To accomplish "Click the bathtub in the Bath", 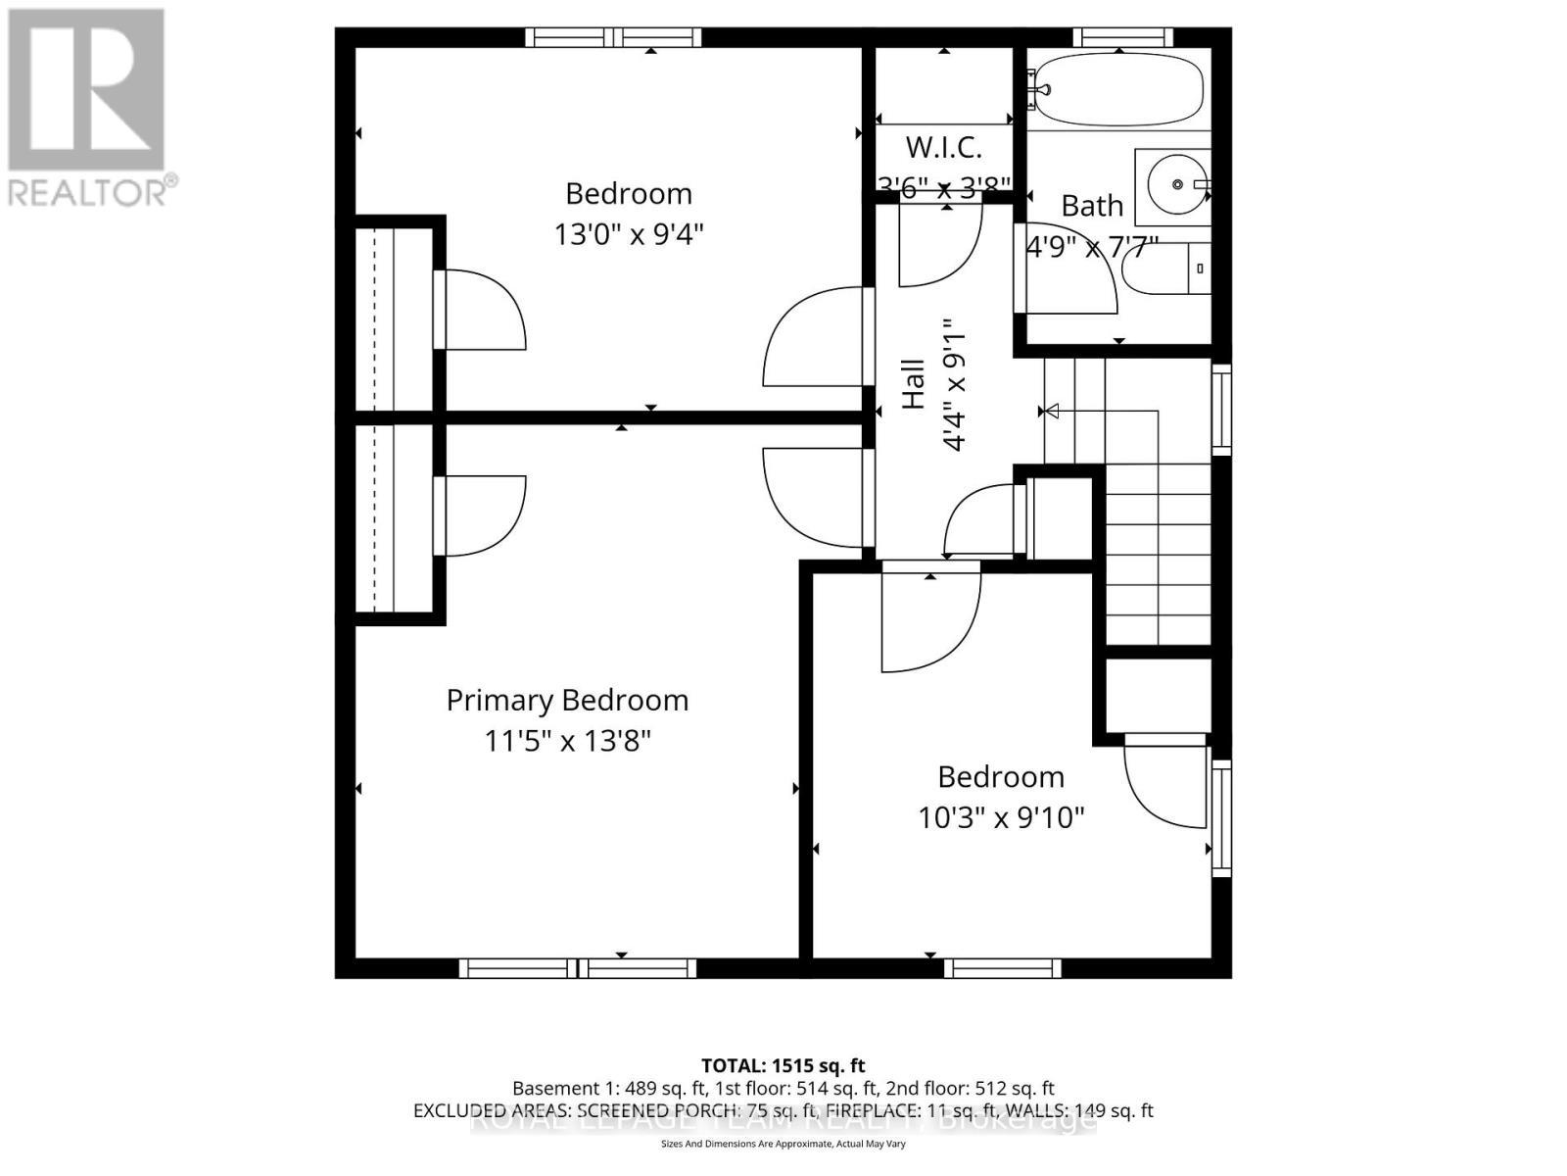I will tap(1117, 89).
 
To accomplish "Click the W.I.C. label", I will tap(943, 148).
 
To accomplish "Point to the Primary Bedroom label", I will tap(567, 701).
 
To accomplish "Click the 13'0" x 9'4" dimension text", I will tap(629, 235).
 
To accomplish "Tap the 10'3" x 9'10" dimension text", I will tap(1001, 817).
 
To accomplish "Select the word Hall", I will tap(913, 383).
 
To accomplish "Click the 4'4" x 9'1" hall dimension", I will tap(954, 383).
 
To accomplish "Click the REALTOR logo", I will tap(88, 108).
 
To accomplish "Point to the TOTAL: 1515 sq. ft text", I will tap(783, 1065).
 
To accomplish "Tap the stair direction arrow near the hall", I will tap(1051, 411).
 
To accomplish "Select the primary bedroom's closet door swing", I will tap(485, 516).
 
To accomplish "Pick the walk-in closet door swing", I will tap(937, 245).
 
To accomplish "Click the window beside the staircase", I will tap(1221, 409).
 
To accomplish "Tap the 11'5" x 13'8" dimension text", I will tap(567, 741).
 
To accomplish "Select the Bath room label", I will tap(1092, 206).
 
